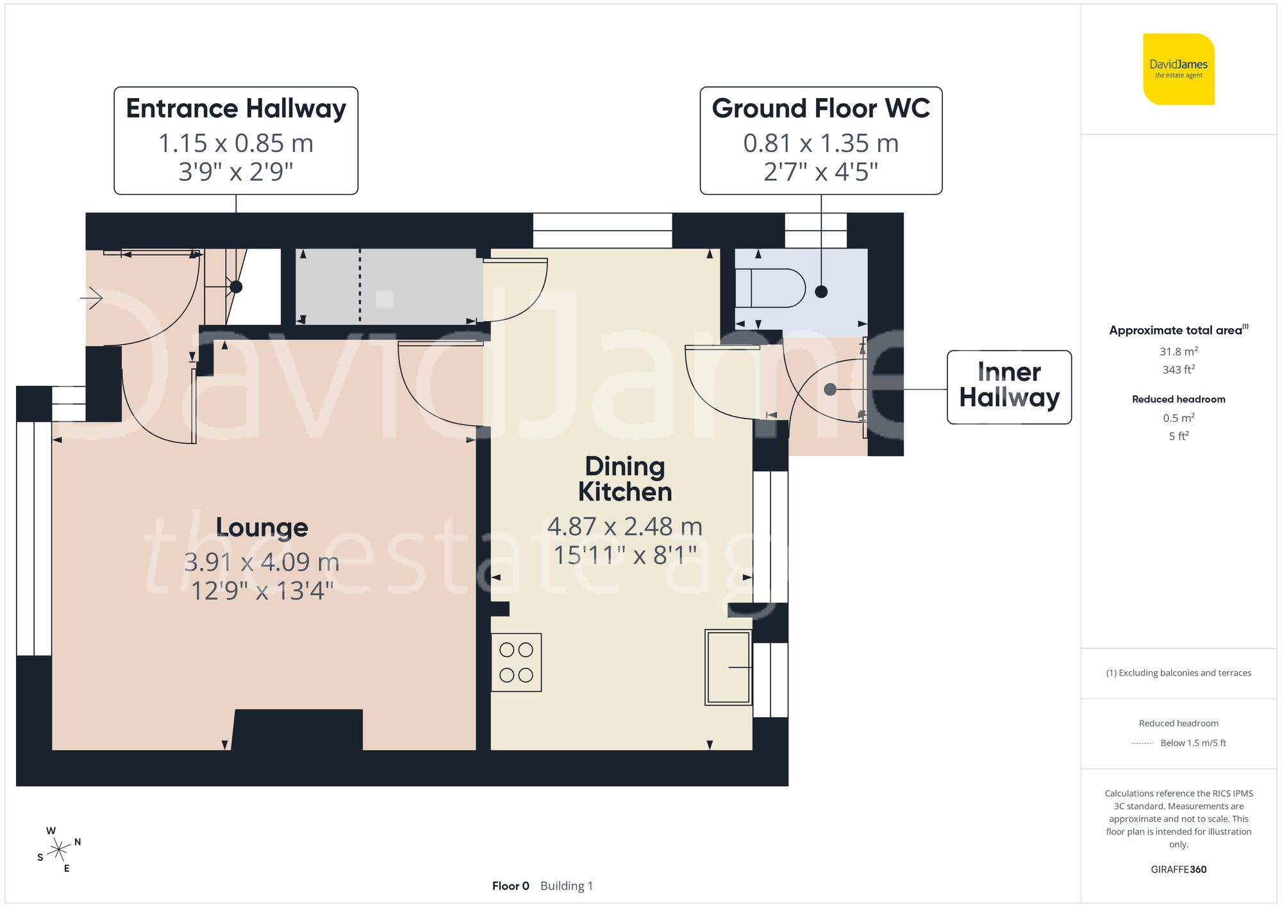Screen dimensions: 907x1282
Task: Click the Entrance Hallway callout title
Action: [x=236, y=108]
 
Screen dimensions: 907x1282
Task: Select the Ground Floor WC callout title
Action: [x=820, y=108]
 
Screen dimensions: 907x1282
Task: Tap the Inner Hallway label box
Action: [x=1009, y=386]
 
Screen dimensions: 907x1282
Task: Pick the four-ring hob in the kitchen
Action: [x=516, y=662]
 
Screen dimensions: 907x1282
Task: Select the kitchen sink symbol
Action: [x=728, y=667]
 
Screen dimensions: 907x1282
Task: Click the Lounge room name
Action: [x=262, y=528]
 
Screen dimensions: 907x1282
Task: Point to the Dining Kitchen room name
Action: [x=625, y=479]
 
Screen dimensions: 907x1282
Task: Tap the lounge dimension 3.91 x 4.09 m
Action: [x=262, y=562]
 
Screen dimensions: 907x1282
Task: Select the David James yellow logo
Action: [x=1178, y=69]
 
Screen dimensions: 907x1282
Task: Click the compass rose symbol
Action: [x=59, y=850]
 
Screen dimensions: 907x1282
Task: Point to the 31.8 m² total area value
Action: [x=1178, y=351]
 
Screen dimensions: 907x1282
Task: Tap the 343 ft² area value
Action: [x=1178, y=370]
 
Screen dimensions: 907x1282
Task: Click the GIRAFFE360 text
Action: [x=1178, y=869]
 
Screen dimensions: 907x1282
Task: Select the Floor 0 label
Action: [x=510, y=886]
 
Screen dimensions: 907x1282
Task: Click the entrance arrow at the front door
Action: [x=92, y=298]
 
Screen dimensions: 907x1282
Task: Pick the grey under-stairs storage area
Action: [x=388, y=286]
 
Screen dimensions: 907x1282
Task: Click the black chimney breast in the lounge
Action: [x=297, y=729]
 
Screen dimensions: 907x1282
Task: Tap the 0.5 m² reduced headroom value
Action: [x=1178, y=418]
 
